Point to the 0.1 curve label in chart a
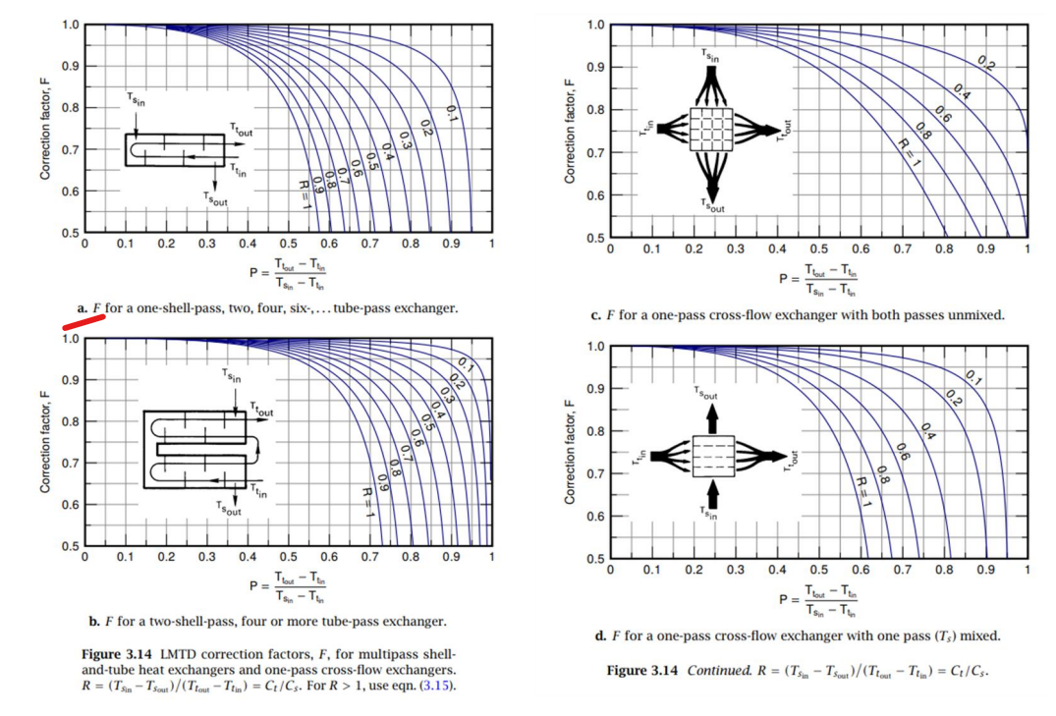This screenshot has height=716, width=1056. tap(451, 113)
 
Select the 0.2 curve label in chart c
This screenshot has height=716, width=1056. tap(985, 65)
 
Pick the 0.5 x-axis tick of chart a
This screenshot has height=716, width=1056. tap(288, 244)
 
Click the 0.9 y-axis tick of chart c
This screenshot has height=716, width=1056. tap(595, 67)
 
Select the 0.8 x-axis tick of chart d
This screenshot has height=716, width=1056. tap(943, 570)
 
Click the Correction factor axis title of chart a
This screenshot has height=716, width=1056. tap(45, 130)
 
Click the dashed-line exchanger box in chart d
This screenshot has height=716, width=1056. tap(713, 456)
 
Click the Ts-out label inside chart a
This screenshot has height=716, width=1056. tap(214, 198)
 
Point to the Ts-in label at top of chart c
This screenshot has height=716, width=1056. tap(710, 57)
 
